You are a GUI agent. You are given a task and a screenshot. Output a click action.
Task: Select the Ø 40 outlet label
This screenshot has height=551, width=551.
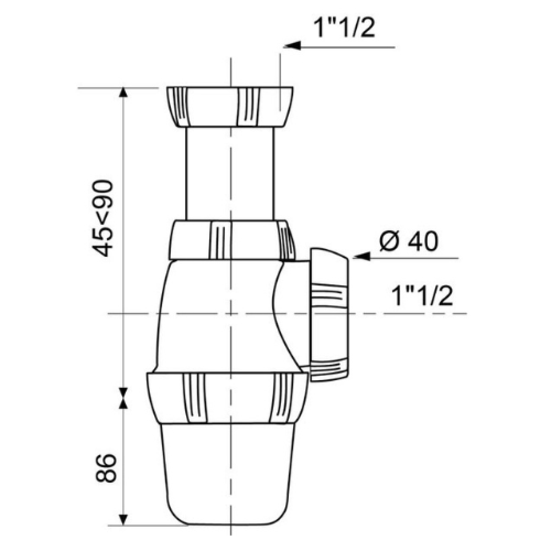409,241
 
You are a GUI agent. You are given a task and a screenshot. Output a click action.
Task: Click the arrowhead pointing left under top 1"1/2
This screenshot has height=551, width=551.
292,47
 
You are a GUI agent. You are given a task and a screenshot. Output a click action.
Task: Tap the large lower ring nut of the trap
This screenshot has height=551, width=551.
227,398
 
